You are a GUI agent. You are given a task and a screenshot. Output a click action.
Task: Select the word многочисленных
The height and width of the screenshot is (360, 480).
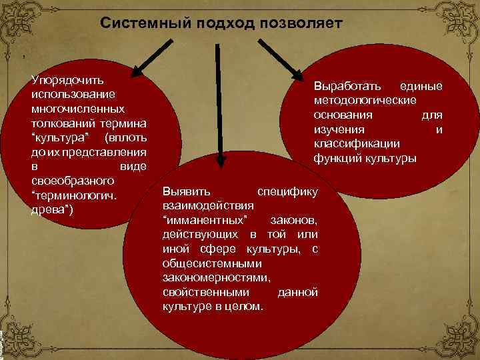click(77, 109)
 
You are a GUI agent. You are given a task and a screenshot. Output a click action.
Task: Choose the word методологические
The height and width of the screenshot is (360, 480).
click(365, 100)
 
